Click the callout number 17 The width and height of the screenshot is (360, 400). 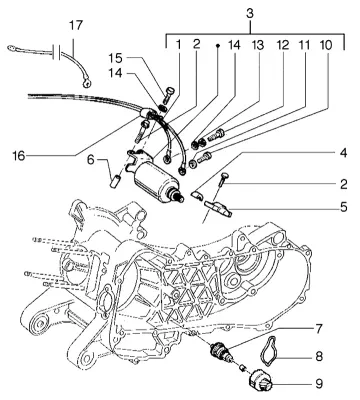(x=76, y=26)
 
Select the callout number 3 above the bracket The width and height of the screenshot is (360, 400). (x=250, y=14)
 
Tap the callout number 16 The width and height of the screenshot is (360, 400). (x=19, y=155)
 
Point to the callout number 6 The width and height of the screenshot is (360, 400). (x=91, y=160)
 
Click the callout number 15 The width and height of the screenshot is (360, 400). (x=115, y=58)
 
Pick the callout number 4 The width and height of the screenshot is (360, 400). (x=343, y=153)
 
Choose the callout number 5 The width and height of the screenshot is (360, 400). (x=344, y=207)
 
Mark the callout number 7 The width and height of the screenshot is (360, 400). (x=319, y=329)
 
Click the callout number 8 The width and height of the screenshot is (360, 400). (x=319, y=356)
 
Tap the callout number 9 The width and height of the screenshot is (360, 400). (x=319, y=384)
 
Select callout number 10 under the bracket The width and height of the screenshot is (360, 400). (x=326, y=45)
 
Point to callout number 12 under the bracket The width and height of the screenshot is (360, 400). (x=282, y=45)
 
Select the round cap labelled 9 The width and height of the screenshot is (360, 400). (x=261, y=380)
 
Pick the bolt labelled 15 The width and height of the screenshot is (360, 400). (x=168, y=94)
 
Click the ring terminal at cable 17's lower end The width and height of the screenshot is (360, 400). (x=87, y=82)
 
